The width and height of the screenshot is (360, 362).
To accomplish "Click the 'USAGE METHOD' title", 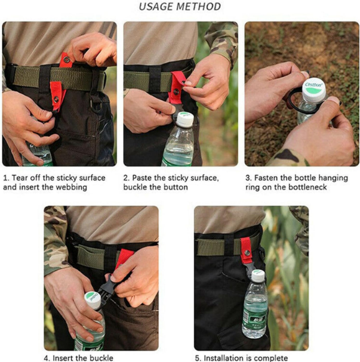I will click(x=180, y=7).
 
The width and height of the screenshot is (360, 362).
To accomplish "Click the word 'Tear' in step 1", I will click(x=23, y=178).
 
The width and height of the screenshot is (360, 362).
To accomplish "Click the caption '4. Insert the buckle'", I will click(x=78, y=358).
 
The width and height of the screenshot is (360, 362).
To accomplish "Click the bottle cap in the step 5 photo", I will click(x=257, y=276).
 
